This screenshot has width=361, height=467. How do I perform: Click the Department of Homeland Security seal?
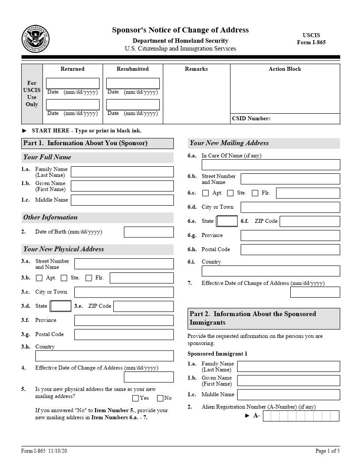click(x=35, y=39)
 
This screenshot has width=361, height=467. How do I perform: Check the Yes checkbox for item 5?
click(x=135, y=398)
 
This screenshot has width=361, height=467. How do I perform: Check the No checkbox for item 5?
click(x=160, y=398)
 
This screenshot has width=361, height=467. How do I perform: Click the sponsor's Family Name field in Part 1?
click(x=122, y=172)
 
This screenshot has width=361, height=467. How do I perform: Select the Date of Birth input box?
click(x=149, y=232)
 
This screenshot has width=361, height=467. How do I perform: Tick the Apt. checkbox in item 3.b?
click(x=39, y=278)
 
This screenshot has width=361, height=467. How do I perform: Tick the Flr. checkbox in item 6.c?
click(x=255, y=193)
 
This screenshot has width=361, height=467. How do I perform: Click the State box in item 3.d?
click(x=61, y=306)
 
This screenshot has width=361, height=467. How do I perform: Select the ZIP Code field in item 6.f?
click(x=310, y=221)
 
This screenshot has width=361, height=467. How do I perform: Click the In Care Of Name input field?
click(x=271, y=165)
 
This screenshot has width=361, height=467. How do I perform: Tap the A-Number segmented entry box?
click(x=301, y=416)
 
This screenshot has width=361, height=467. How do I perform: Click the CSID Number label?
click(x=251, y=119)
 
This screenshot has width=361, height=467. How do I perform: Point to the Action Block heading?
click(x=285, y=69)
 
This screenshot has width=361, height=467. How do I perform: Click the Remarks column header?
click(x=196, y=69)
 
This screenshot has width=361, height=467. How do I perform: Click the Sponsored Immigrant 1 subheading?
click(x=217, y=354)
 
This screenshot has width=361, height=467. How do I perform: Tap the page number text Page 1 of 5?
click(x=327, y=451)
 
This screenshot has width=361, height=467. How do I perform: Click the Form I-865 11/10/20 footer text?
click(x=44, y=451)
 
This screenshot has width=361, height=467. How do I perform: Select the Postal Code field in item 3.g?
click(x=124, y=334)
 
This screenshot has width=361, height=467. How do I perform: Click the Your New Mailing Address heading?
click(x=229, y=143)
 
